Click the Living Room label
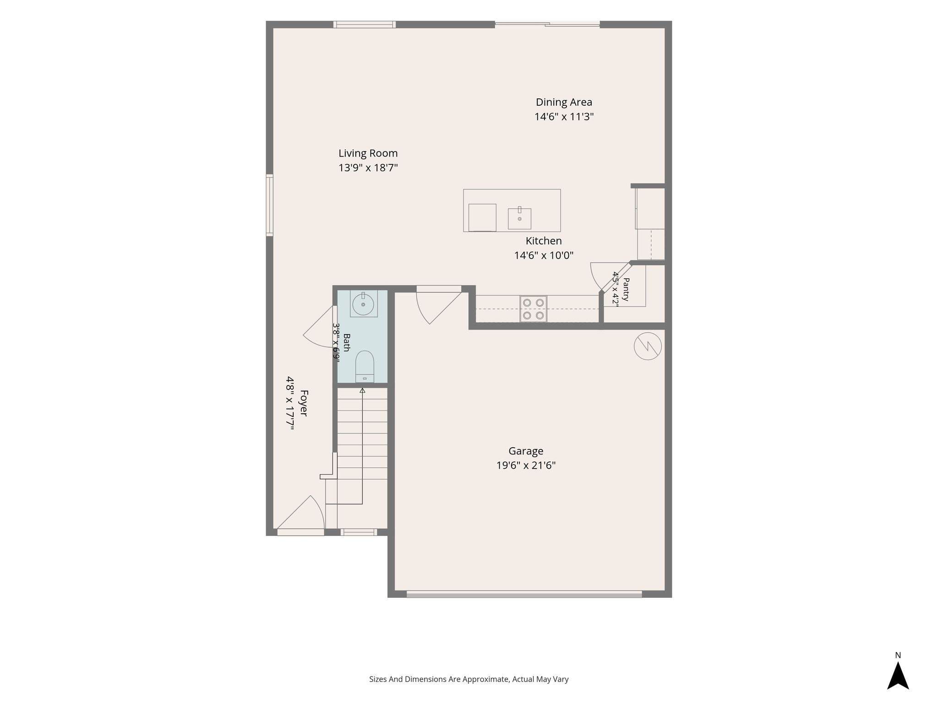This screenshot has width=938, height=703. point(368,153)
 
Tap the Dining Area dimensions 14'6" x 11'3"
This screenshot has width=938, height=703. point(564,117)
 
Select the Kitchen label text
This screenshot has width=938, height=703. point(544,241)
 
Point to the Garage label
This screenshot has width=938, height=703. point(526,451)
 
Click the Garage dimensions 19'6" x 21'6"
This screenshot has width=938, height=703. point(526,465)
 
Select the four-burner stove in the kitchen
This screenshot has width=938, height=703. point(533,309)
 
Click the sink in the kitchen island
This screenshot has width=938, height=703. point(519,218)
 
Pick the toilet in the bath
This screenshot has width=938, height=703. point(365,366)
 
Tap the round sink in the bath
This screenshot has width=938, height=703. point(363,304)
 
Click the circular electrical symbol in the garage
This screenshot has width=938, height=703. point(648,346)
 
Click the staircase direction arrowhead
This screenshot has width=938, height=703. point(362,390)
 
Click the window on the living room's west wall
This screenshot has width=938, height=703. point(270,205)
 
